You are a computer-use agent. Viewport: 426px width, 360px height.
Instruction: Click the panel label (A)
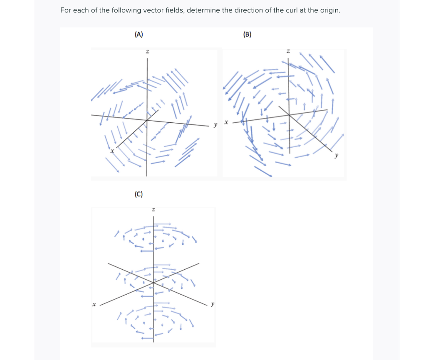[x=139, y=35]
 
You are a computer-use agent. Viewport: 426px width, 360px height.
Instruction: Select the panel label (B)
[x=247, y=35]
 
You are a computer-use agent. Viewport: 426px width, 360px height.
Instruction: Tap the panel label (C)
[x=139, y=194]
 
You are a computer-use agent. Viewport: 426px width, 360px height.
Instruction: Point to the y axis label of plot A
[x=215, y=124]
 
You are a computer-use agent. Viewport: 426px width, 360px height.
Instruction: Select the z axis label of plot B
[x=288, y=52]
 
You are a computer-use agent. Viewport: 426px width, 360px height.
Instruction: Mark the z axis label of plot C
[x=154, y=209]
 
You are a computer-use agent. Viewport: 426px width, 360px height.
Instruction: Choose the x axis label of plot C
[x=94, y=305]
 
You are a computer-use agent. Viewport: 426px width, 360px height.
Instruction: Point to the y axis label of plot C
[x=213, y=304]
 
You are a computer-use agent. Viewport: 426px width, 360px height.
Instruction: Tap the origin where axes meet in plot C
[x=154, y=283]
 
